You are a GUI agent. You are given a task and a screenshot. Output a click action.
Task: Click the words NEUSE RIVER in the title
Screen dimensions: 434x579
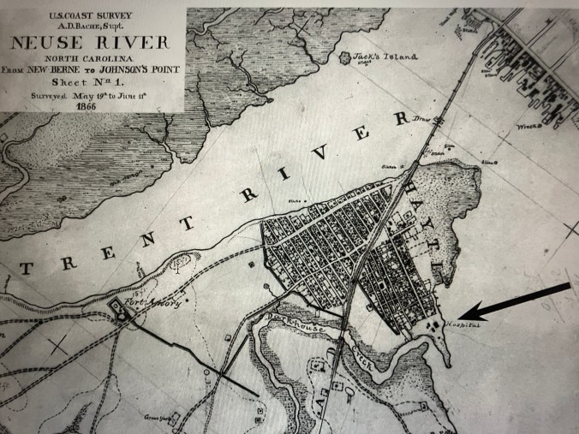[93, 43]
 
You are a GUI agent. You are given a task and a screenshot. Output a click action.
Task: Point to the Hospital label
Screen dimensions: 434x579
[463, 326]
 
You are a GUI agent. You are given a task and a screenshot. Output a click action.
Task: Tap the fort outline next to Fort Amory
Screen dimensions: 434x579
[116, 313]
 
